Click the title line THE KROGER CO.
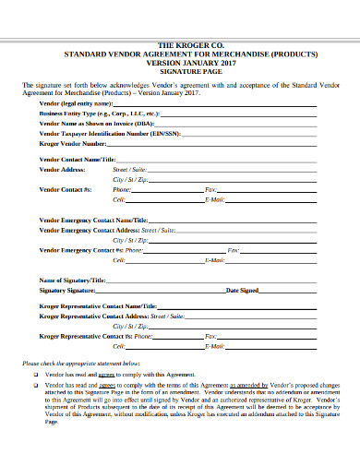[x=180, y=44]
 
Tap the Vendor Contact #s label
[x=66, y=188]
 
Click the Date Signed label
[x=242, y=290]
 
